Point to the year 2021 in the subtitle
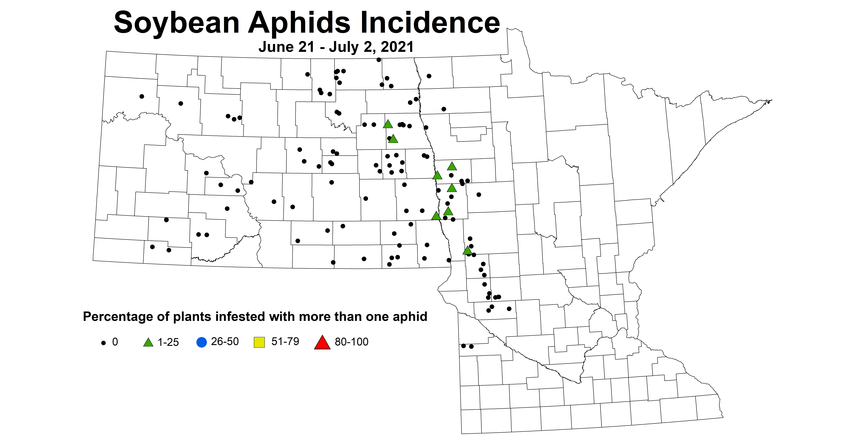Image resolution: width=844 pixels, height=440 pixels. [x=397, y=47]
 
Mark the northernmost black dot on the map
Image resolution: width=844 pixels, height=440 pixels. [x=379, y=60]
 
